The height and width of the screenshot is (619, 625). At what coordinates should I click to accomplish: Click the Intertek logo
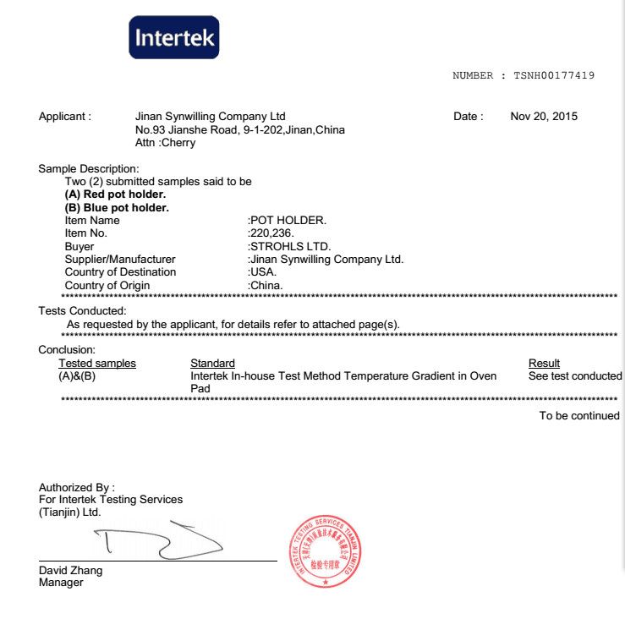coord(174,37)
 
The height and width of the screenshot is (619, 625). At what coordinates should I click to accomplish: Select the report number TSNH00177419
coord(553,75)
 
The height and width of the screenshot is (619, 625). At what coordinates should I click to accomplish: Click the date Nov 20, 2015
coord(544,117)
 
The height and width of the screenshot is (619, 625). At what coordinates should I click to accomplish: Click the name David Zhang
coord(71,571)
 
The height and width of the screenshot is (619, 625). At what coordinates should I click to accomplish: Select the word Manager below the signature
coord(61,583)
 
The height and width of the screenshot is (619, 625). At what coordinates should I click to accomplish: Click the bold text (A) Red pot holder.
coord(116,194)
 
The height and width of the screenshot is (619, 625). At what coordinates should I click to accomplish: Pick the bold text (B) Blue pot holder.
coord(117,207)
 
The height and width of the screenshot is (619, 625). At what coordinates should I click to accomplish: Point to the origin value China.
coord(266,285)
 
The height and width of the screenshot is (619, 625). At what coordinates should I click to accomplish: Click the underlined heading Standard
coord(212,364)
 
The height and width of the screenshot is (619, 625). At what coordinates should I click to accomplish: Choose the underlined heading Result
coord(544,364)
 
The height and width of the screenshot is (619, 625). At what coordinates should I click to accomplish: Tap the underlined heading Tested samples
coord(96,364)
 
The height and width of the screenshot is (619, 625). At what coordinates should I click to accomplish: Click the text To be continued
coord(579,416)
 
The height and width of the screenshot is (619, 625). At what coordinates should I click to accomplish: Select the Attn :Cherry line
coord(165,143)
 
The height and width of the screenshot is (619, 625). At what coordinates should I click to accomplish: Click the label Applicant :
coord(65,117)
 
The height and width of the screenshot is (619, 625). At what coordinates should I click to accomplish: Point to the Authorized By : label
coord(76,488)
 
